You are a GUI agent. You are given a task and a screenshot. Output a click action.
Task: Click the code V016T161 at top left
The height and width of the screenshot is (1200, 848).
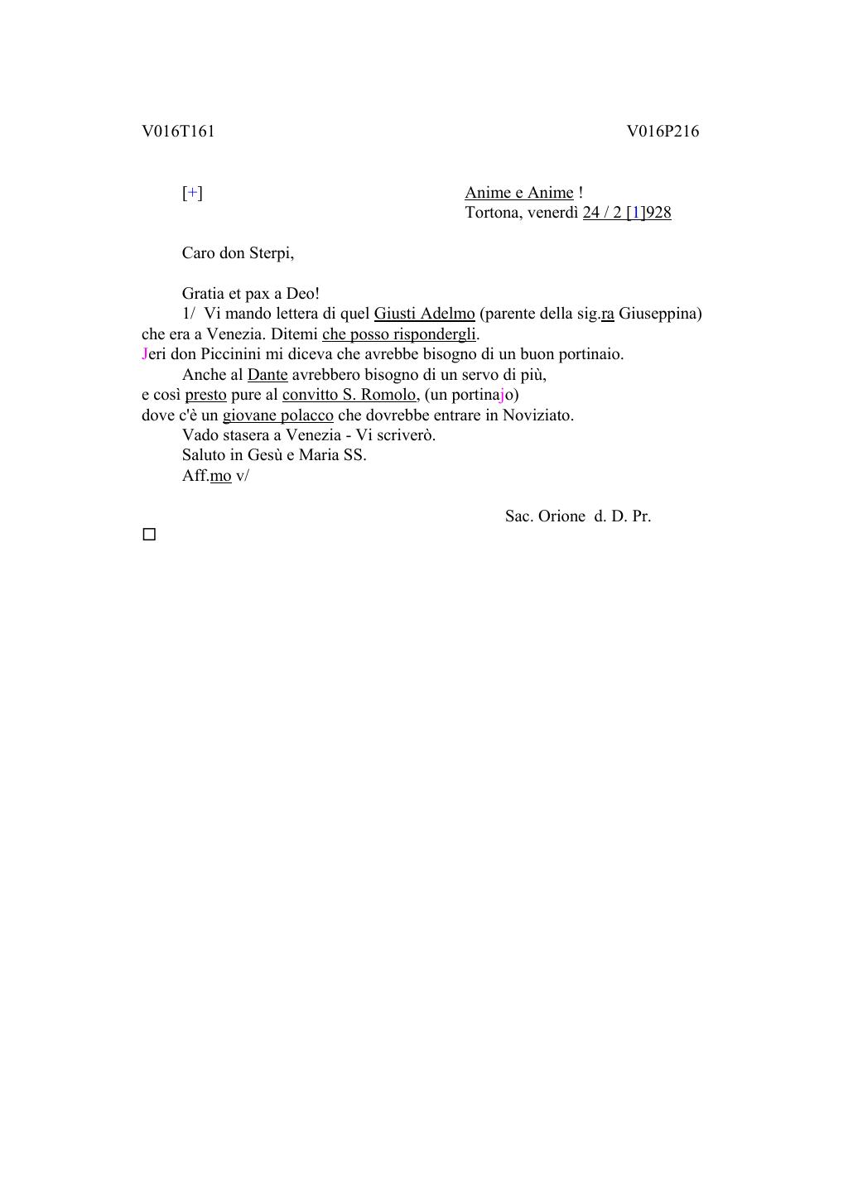point(178,132)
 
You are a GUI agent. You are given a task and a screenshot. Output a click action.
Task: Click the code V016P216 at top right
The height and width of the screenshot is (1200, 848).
point(662,132)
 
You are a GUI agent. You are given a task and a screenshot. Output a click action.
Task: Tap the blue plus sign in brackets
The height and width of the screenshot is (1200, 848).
point(192,193)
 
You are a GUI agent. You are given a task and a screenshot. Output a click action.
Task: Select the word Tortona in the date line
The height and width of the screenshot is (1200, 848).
point(492,213)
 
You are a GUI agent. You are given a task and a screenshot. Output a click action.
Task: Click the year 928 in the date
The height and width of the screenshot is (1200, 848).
point(658,213)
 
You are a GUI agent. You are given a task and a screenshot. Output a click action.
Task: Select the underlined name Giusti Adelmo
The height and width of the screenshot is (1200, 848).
point(424,314)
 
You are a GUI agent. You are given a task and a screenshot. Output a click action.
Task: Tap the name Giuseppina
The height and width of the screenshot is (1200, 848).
point(659,314)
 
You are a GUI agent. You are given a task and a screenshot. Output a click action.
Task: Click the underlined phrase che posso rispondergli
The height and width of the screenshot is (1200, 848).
point(399,334)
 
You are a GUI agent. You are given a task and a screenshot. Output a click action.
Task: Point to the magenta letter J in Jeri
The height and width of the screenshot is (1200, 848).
point(145,354)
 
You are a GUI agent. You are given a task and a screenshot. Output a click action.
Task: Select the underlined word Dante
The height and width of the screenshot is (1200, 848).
point(267,375)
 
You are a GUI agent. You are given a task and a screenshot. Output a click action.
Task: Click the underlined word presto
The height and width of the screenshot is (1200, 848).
point(205,395)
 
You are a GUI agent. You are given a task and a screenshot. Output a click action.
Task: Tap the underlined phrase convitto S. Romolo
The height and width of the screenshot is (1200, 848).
point(349,395)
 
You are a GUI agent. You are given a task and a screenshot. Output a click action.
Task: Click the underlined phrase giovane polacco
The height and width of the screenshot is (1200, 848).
point(277,415)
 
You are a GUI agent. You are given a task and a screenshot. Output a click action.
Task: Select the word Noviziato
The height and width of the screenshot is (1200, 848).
point(537,415)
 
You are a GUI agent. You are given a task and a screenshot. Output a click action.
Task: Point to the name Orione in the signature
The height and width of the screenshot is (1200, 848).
point(561,516)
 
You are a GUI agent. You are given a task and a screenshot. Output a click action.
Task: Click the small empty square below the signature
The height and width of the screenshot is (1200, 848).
point(149,535)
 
